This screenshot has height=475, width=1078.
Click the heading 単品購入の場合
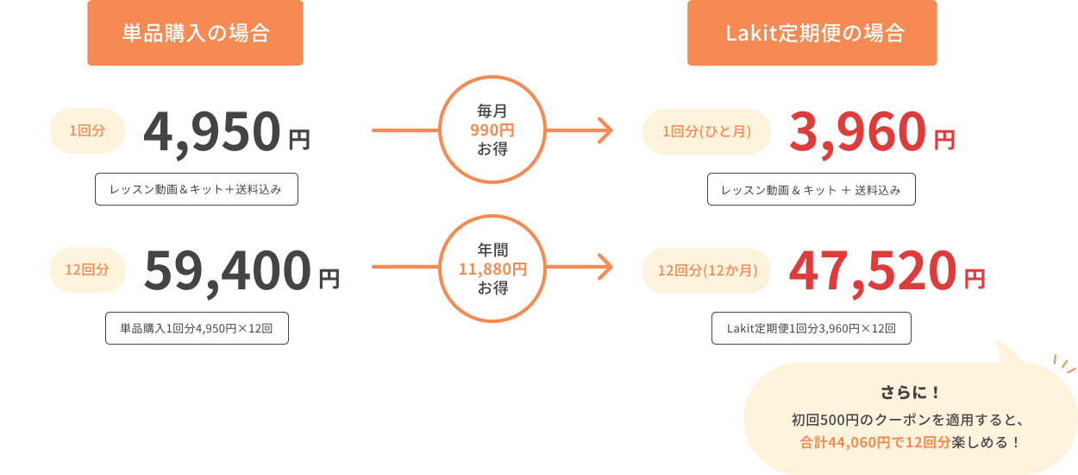(195, 34)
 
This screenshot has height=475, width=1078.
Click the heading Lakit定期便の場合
(812, 34)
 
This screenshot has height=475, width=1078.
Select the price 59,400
(228, 270)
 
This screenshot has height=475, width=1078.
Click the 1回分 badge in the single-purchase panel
(88, 131)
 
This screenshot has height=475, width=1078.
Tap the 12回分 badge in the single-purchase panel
(88, 269)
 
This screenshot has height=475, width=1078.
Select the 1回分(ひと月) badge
(706, 131)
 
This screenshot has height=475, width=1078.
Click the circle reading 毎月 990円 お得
(492, 130)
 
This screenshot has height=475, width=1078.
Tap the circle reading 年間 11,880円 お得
(492, 269)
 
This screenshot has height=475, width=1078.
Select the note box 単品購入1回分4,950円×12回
(197, 328)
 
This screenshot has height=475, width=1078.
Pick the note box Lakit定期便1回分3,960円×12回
(811, 328)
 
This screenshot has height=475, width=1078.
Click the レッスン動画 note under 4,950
(196, 190)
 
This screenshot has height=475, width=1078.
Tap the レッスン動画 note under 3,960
(811, 190)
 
